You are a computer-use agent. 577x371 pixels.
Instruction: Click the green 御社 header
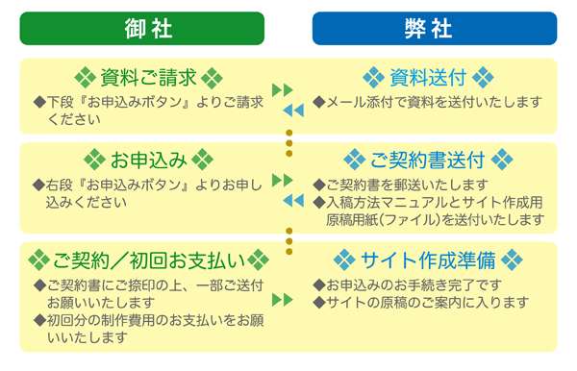(x=142, y=28)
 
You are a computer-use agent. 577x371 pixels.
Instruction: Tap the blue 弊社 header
(x=434, y=28)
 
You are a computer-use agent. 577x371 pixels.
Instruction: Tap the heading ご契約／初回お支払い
(x=148, y=260)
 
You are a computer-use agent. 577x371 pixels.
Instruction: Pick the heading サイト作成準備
(x=427, y=260)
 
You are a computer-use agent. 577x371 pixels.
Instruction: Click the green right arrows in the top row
(x=283, y=90)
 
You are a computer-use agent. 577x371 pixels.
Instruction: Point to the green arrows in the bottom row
(x=283, y=299)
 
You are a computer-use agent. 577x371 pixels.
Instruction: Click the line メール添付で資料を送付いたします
(x=427, y=101)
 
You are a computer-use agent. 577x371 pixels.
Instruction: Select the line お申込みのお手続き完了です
(x=414, y=285)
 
